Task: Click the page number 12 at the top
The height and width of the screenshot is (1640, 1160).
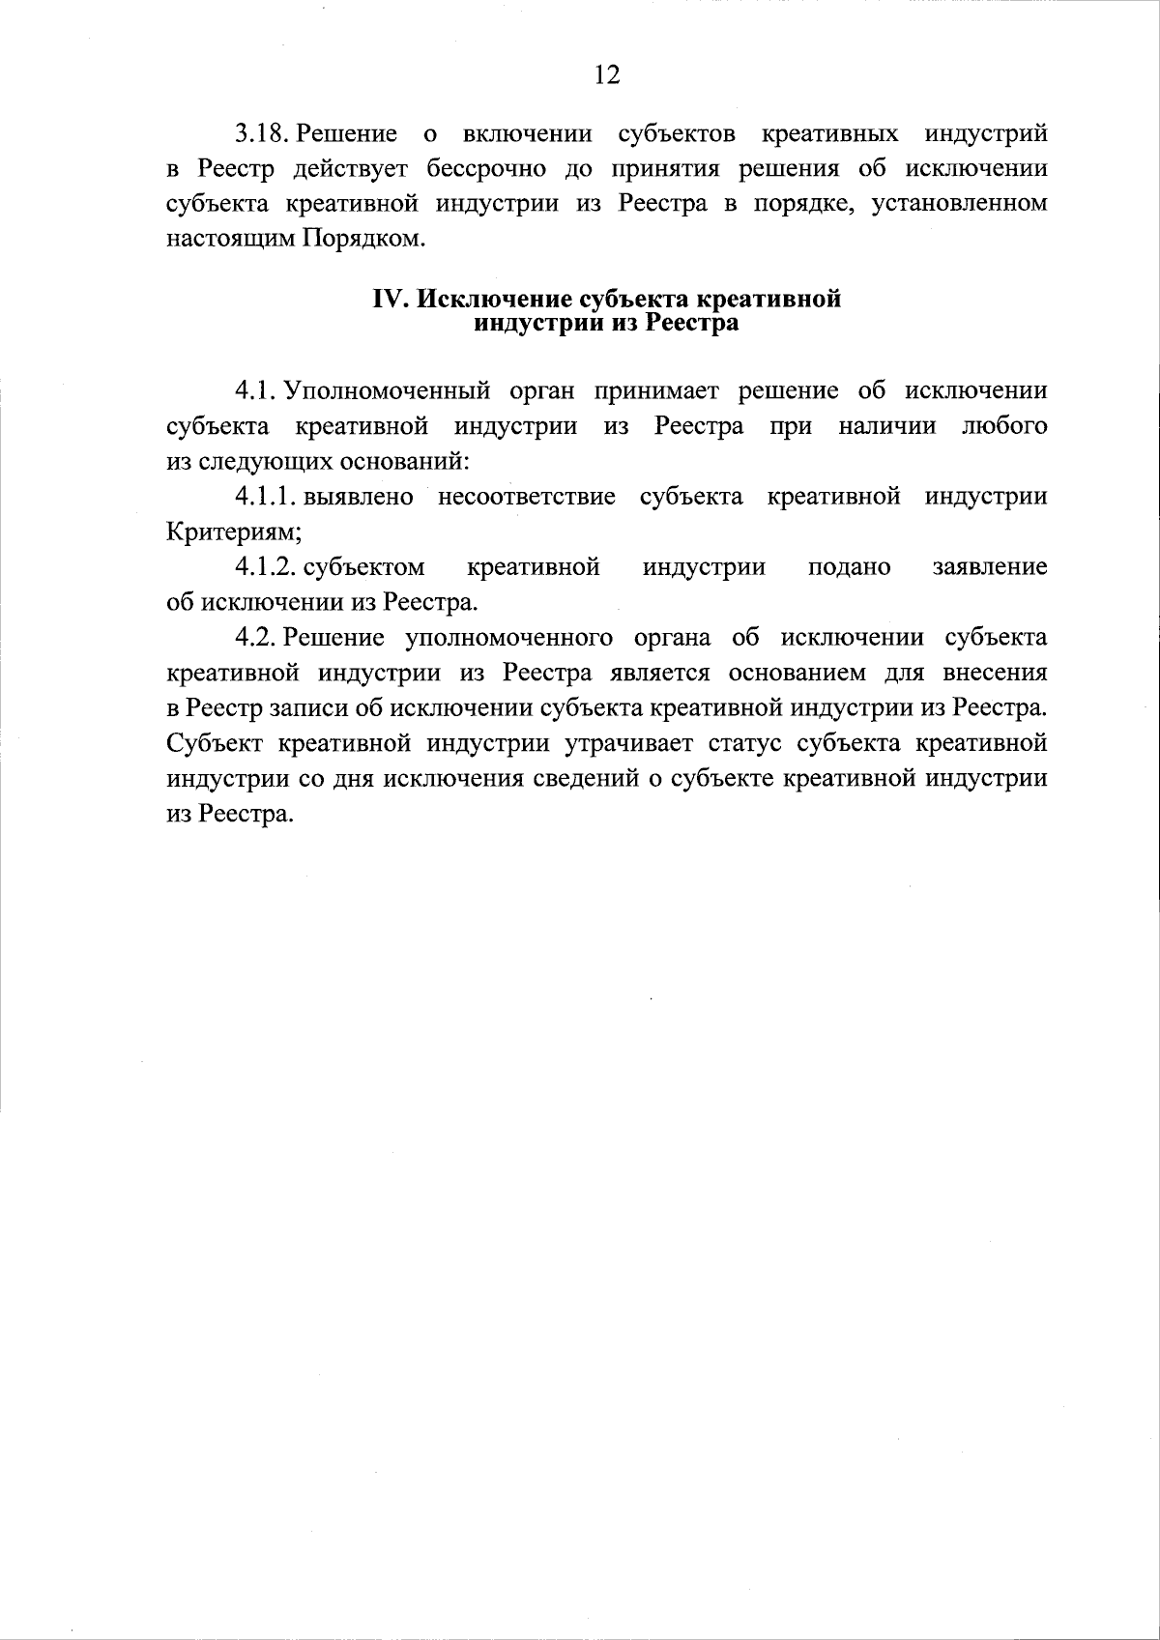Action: coord(606,75)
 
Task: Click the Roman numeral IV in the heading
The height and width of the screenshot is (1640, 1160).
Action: coord(391,300)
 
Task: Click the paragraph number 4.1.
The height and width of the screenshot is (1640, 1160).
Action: coord(256,391)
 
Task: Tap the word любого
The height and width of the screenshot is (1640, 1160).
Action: coord(1004,426)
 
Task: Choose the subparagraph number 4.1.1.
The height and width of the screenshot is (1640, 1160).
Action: coord(265,497)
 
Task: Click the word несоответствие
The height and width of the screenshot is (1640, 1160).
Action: coord(526,497)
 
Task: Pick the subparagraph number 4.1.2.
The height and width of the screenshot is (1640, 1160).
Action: coord(265,567)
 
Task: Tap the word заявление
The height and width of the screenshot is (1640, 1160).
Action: coord(989,567)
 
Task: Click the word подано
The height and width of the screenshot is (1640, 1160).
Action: coord(849,567)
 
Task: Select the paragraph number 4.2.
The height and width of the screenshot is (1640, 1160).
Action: coord(256,638)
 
